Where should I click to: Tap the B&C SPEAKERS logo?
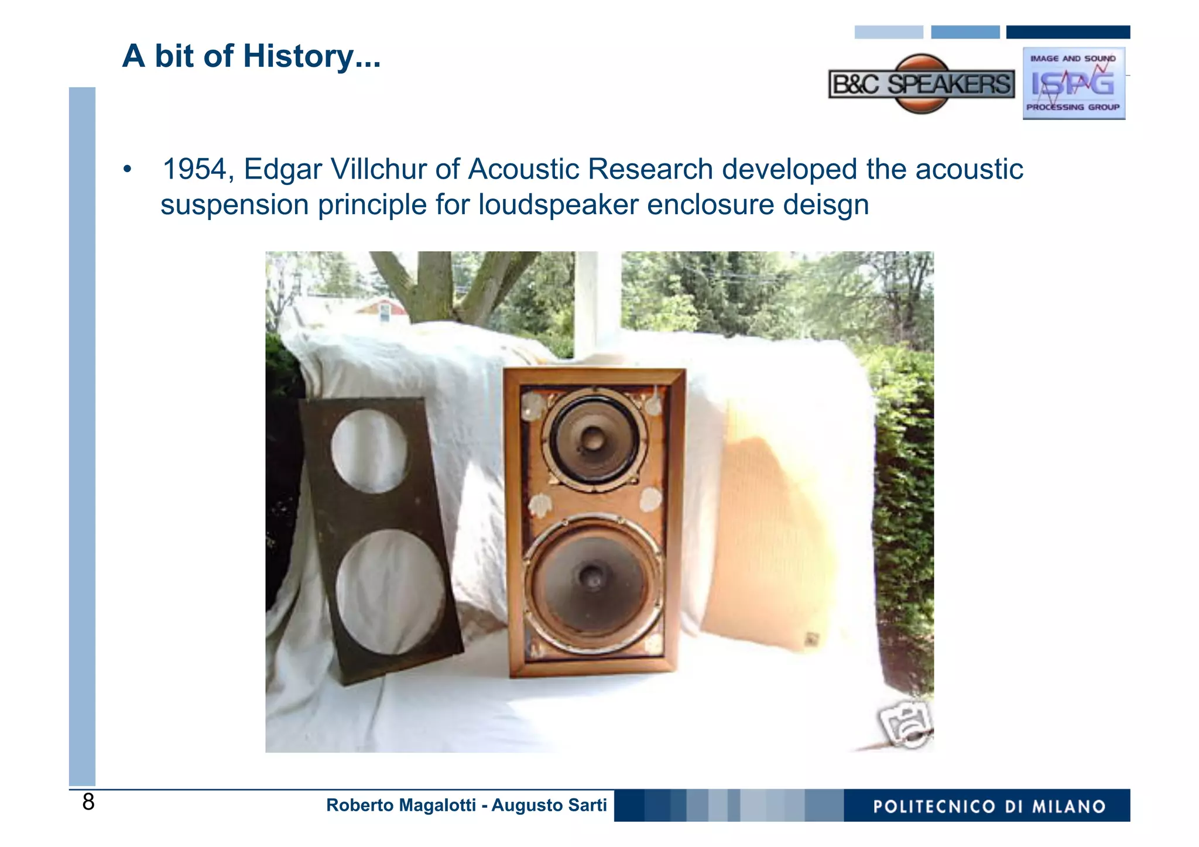[921, 84]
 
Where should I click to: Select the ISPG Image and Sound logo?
[1073, 84]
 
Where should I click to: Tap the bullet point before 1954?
[127, 170]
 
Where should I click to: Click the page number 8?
[88, 802]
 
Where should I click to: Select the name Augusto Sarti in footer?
[549, 805]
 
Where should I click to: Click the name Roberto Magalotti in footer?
[400, 805]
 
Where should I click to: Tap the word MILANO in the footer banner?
[1068, 807]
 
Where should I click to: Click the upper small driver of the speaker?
[592, 438]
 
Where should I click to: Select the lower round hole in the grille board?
[390, 591]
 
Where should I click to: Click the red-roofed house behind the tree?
[383, 309]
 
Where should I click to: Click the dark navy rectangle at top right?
[1068, 32]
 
